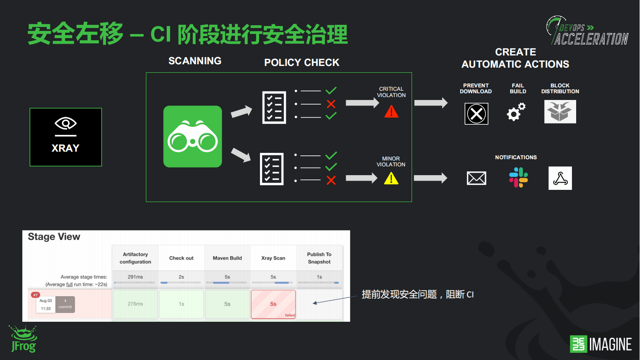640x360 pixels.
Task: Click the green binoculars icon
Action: tap(192, 137)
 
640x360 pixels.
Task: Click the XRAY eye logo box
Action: tap(66, 137)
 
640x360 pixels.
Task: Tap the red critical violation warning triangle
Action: tap(391, 111)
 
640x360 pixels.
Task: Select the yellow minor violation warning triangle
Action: tap(391, 179)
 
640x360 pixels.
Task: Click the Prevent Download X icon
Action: tap(476, 114)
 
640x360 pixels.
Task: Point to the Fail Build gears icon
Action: tap(516, 112)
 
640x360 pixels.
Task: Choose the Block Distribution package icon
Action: tap(560, 112)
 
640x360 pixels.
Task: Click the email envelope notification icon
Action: tap(476, 178)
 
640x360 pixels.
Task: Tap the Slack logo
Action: tap(518, 177)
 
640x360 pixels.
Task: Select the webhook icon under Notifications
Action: tap(560, 178)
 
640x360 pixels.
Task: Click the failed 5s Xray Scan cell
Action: tap(273, 304)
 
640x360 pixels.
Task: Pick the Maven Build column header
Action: tap(227, 258)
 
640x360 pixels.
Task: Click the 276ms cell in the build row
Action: tap(135, 304)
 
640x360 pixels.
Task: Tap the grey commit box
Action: tap(65, 304)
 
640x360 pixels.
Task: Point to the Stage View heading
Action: tap(54, 237)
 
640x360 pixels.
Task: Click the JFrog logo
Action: tap(24, 339)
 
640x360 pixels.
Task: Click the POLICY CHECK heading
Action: tap(302, 63)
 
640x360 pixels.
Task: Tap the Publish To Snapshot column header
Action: tap(319, 258)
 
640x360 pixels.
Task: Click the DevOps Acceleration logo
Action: tap(588, 31)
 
